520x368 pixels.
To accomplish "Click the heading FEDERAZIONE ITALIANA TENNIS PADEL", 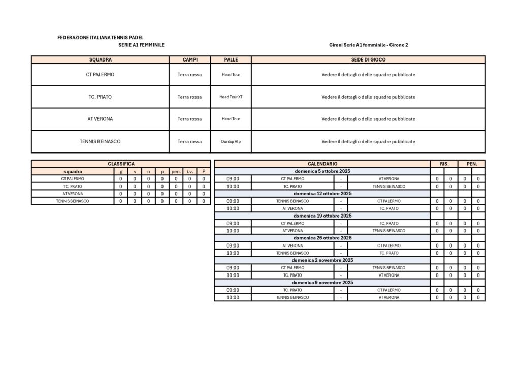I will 101,37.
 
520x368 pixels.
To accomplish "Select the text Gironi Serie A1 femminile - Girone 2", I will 368,45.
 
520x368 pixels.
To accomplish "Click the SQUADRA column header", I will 100,59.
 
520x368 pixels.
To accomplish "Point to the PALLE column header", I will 231,59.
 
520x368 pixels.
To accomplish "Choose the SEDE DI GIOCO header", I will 368,59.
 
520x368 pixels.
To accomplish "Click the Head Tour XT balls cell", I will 231,97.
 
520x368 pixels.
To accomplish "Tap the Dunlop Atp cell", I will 231,141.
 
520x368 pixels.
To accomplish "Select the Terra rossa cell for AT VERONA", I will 189,119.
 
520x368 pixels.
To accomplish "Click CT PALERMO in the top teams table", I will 100,74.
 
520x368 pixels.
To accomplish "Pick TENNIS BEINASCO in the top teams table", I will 100,141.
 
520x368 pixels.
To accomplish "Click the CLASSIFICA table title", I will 121,164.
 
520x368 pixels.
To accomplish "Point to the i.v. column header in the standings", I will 190,171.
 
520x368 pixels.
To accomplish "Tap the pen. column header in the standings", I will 176,171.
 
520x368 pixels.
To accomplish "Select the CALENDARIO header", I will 322,164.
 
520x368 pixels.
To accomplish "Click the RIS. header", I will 444,164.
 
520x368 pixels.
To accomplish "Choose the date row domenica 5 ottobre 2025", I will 322,171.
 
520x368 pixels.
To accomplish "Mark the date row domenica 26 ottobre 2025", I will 322,238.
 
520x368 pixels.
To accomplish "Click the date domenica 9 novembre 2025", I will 322,282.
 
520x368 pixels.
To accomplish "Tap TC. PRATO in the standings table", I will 73,186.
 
